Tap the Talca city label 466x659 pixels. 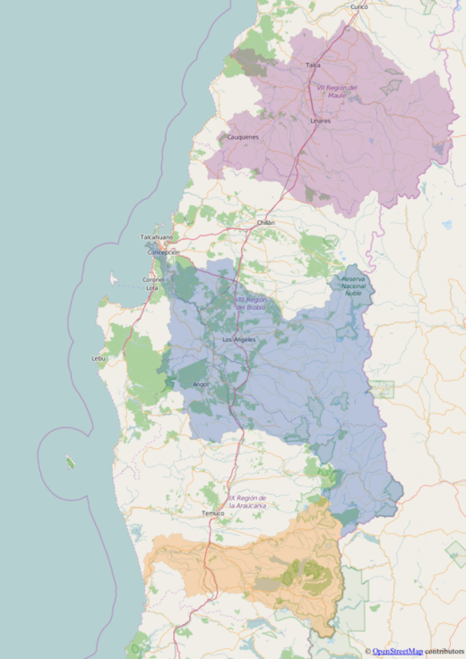(x=313, y=65)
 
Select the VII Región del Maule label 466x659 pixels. (x=338, y=90)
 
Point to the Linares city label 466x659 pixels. (x=320, y=120)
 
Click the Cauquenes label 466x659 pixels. (x=243, y=137)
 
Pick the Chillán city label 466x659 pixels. (x=265, y=222)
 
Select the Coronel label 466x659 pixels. (x=153, y=279)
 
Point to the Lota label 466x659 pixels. (x=152, y=288)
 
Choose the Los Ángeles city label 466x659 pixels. (x=238, y=340)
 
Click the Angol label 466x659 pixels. (x=201, y=384)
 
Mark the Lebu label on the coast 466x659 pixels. (x=99, y=358)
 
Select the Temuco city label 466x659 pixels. (x=212, y=513)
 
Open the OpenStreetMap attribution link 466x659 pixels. (x=397, y=651)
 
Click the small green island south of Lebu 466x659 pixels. (x=70, y=463)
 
